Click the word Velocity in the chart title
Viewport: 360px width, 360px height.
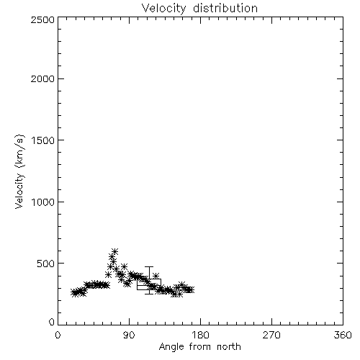[x=163, y=8]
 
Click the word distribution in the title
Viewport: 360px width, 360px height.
[x=225, y=8]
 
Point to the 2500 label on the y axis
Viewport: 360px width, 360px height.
[x=42, y=19]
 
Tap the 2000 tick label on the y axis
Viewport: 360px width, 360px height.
[x=42, y=78]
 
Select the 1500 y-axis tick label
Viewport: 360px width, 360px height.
[x=43, y=140]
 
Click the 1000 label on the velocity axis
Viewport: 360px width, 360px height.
[x=43, y=202]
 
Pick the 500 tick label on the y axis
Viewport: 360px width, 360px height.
[x=46, y=264]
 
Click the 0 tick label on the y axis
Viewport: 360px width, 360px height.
[x=52, y=322]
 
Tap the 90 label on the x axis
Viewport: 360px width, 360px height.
[x=129, y=335]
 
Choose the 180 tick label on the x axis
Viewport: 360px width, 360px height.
[x=200, y=335]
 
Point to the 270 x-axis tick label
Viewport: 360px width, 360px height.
[x=271, y=335]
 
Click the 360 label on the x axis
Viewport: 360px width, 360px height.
[x=343, y=335]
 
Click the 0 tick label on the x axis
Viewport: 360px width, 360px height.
[x=58, y=335]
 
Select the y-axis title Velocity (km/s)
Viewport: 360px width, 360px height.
[x=19, y=171]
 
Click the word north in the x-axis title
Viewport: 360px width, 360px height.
[x=229, y=347]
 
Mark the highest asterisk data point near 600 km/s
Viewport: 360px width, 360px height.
[x=115, y=251]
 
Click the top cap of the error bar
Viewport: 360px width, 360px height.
[x=149, y=266]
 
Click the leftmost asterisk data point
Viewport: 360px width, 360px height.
[x=74, y=293]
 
